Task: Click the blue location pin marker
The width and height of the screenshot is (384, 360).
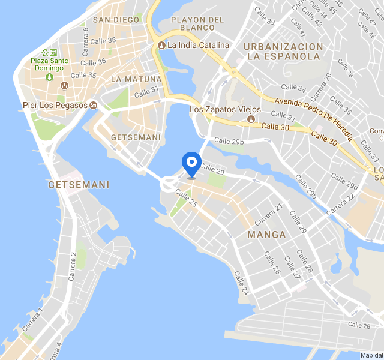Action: (191, 163)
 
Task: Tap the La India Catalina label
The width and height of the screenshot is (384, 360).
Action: (198, 45)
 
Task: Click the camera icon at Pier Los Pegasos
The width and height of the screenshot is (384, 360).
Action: (93, 106)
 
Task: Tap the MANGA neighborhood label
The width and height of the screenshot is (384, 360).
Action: (266, 235)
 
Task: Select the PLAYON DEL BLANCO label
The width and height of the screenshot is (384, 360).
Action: (197, 23)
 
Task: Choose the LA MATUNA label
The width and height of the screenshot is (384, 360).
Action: (136, 79)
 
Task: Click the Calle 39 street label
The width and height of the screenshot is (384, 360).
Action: (265, 16)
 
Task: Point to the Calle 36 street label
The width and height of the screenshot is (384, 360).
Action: (93, 62)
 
